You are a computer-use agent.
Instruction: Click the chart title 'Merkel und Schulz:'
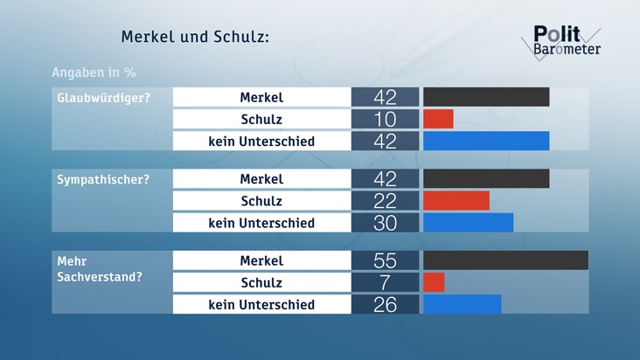pos(194,38)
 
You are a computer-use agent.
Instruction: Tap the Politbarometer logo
pos(567,40)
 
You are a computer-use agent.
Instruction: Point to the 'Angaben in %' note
pos(93,72)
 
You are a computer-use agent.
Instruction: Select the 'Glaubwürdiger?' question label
pos(99,97)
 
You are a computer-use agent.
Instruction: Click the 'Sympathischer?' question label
pos(98,179)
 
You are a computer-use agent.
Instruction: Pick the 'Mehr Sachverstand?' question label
pos(97,268)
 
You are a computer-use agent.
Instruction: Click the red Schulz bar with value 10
pos(438,119)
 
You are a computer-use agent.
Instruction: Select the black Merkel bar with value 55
pos(505,260)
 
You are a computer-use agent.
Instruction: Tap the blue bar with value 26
pos(462,304)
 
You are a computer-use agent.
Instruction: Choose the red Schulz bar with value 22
pos(456,201)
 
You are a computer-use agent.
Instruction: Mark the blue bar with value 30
pos(468,223)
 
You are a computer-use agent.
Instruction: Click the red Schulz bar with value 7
pos(434,282)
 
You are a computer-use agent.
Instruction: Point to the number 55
pos(385,260)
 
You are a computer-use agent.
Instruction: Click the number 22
pos(385,201)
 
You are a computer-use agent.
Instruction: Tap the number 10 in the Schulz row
pos(385,119)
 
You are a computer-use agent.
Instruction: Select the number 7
pos(385,282)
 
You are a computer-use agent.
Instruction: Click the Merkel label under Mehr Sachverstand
pos(261,260)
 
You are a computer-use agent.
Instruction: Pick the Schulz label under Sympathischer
pos(261,201)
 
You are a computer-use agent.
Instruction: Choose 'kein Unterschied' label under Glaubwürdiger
pos(261,141)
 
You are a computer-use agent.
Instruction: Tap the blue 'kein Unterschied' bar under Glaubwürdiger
pos(486,141)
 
